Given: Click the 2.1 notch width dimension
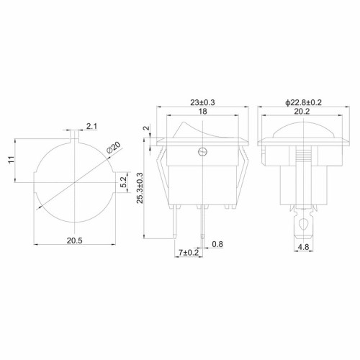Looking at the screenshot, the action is (x=92, y=126).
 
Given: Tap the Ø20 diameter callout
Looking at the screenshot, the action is (x=114, y=148).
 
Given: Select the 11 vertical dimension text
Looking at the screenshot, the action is (x=11, y=160).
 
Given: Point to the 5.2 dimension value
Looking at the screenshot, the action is (x=123, y=181).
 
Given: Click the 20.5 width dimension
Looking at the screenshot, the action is (x=74, y=240).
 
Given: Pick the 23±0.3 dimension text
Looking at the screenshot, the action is (x=202, y=102).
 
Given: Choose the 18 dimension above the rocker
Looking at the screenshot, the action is (x=203, y=112).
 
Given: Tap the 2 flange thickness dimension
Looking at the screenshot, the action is (x=147, y=127).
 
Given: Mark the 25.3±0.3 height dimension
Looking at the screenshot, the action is (x=140, y=188).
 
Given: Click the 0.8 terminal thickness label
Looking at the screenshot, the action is (x=217, y=244).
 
